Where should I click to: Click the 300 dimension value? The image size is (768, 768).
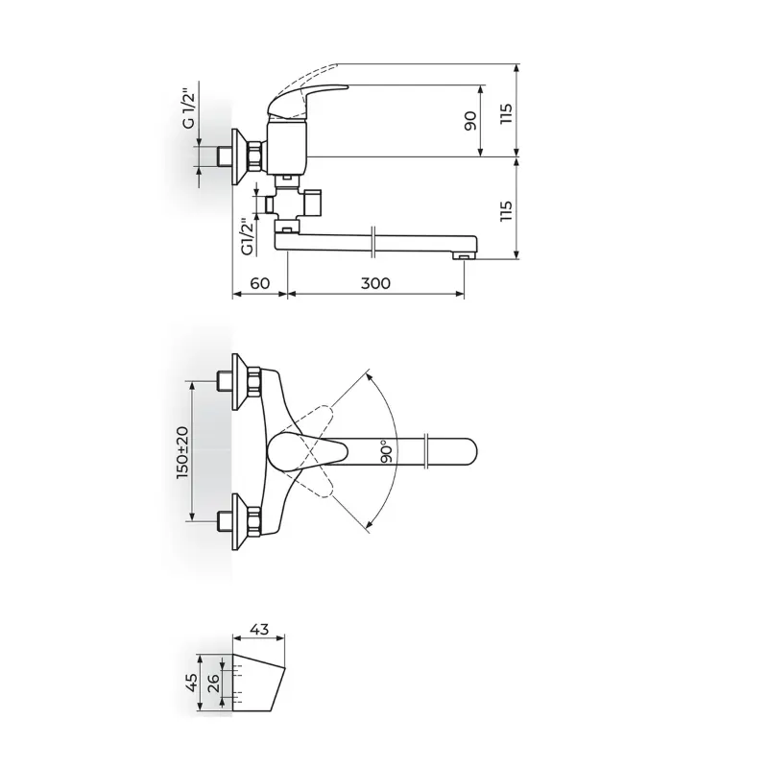click(x=375, y=283)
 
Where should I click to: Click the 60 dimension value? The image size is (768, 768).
click(x=259, y=283)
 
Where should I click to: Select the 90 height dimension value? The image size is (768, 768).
click(x=469, y=121)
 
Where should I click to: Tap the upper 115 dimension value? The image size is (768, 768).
click(x=506, y=113)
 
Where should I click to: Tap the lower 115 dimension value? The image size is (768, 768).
click(x=506, y=210)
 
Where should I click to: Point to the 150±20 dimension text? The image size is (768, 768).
click(x=182, y=452)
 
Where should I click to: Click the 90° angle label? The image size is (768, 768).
click(x=387, y=451)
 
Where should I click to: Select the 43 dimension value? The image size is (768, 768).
click(x=258, y=629)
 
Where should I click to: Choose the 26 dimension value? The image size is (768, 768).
click(x=213, y=682)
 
